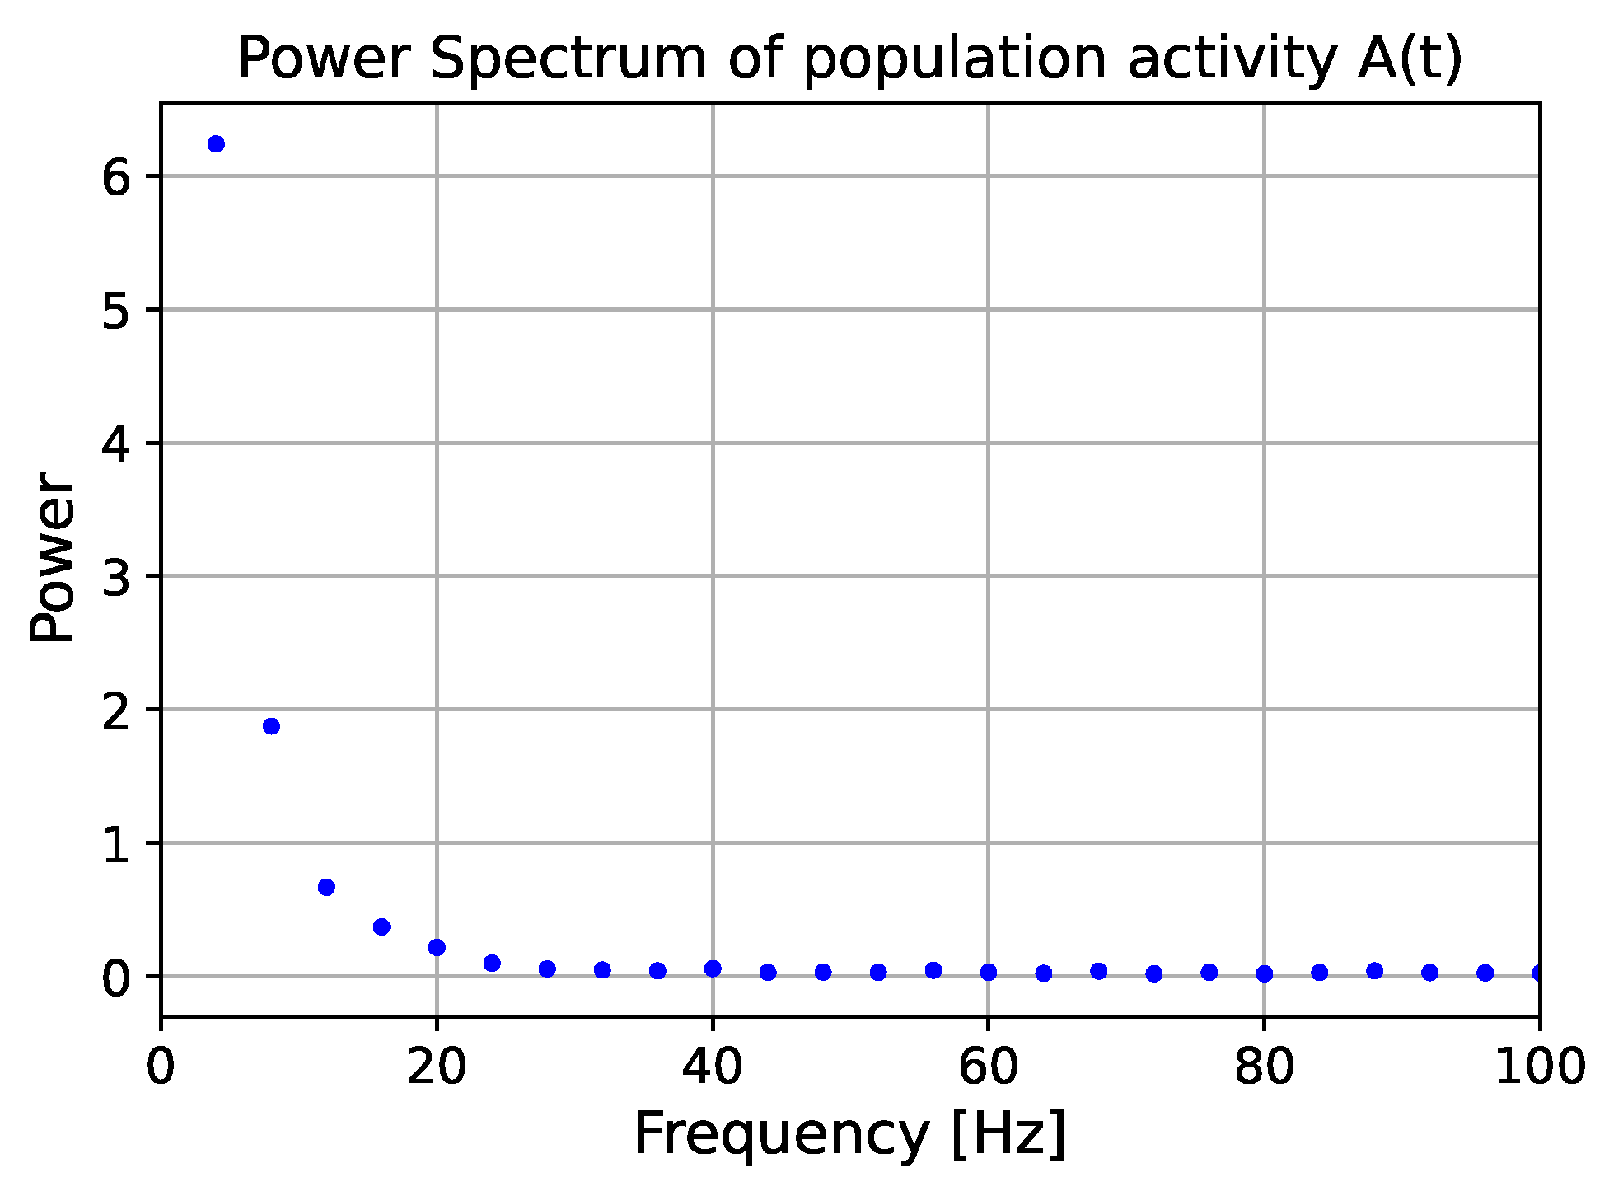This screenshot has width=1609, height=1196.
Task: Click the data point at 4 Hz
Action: [x=216, y=144]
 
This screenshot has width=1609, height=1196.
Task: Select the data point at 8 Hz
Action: [x=271, y=726]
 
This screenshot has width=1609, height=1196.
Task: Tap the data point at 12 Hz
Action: [x=326, y=887]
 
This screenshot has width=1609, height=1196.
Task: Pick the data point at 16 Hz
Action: [x=381, y=926]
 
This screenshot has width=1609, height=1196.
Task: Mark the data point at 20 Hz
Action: [x=437, y=947]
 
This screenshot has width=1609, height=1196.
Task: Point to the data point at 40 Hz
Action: [x=713, y=969]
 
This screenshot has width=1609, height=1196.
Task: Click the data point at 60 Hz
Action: [x=989, y=972]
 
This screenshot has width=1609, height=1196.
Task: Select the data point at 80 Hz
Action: [x=1265, y=973]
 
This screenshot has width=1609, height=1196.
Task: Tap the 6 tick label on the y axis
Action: [x=117, y=177]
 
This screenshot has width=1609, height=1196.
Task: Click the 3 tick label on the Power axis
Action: [x=117, y=577]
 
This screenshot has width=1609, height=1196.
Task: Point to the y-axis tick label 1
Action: [x=117, y=844]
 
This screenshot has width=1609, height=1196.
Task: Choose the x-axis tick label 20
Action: [x=437, y=1067]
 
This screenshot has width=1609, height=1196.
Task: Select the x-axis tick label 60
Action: [x=989, y=1067]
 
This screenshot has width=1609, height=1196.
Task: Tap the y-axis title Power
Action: [x=53, y=557]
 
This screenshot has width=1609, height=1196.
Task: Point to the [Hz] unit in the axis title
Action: [x=1008, y=1135]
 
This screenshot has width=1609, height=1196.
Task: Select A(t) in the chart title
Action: [x=1410, y=59]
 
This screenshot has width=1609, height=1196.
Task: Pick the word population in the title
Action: [x=955, y=59]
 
